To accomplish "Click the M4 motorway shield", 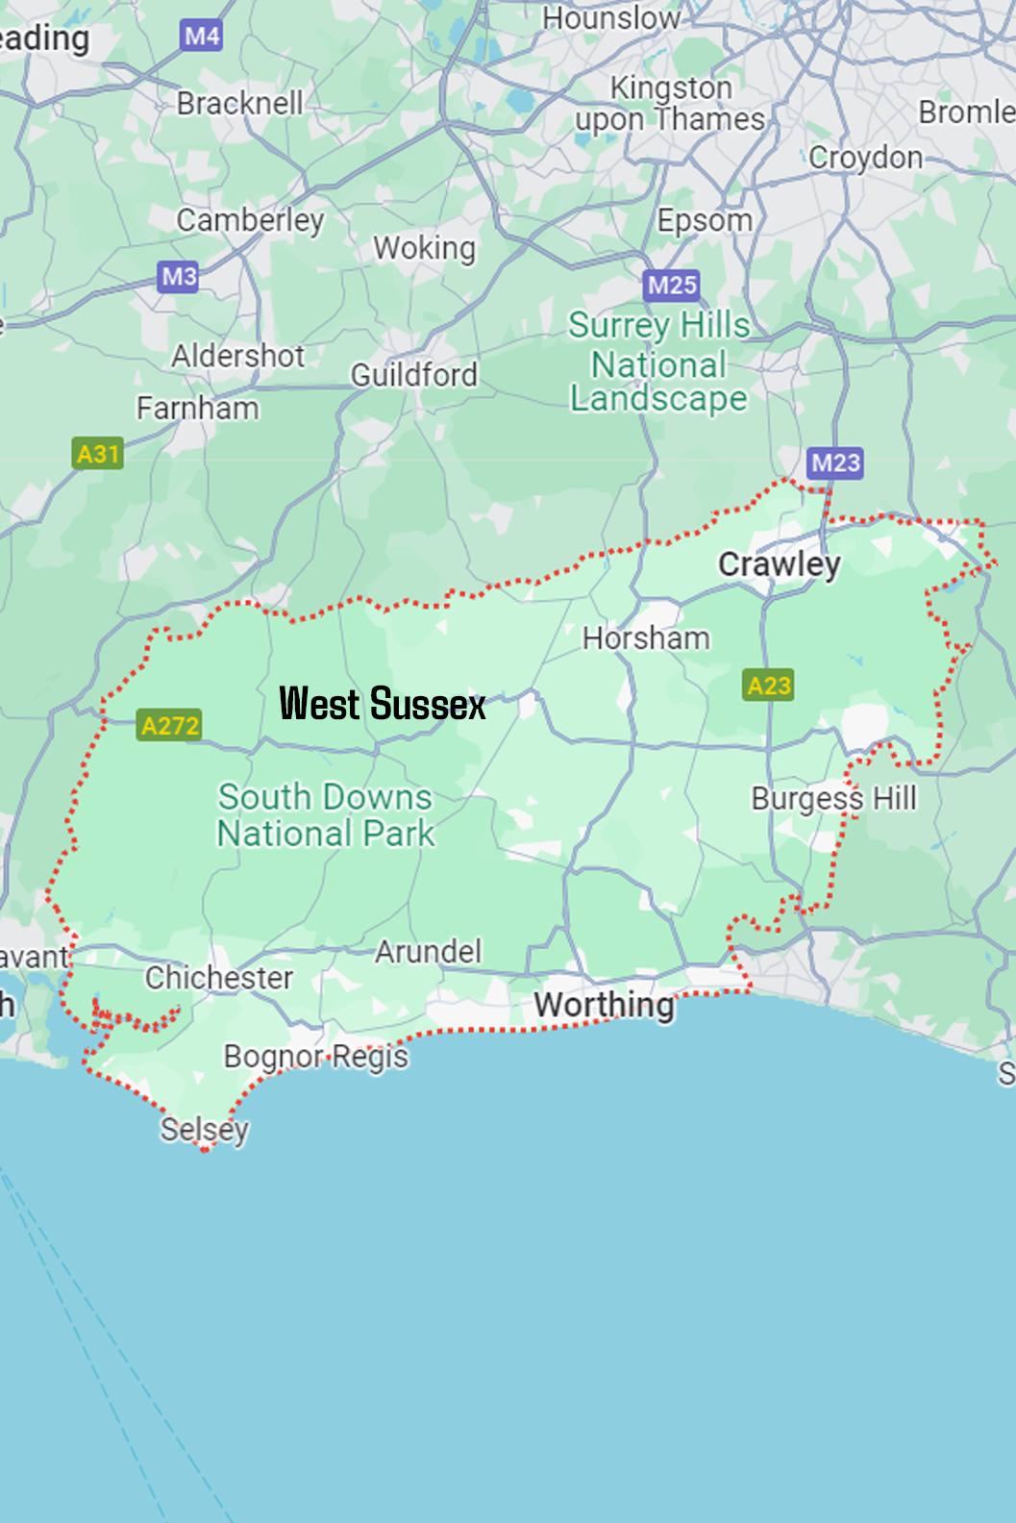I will click(201, 37).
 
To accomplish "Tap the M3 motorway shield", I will click(179, 277).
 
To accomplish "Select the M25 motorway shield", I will click(672, 285).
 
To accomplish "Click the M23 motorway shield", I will click(835, 463).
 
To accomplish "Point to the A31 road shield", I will click(98, 453).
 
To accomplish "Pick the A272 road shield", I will click(169, 725).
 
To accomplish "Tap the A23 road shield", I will click(769, 686).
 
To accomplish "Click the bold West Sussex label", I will click(382, 705).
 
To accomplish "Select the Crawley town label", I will click(780, 564).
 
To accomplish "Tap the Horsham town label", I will click(646, 638).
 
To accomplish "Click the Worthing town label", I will click(605, 1005).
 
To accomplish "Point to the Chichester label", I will click(219, 978).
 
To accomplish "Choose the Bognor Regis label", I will click(316, 1057).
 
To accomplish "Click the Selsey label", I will click(205, 1129).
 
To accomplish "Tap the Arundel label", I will click(428, 952).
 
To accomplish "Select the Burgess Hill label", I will click(834, 798).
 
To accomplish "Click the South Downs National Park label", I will click(325, 815).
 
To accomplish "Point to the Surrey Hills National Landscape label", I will click(658, 362).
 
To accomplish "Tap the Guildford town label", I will click(413, 374).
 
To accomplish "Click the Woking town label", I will click(424, 248).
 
